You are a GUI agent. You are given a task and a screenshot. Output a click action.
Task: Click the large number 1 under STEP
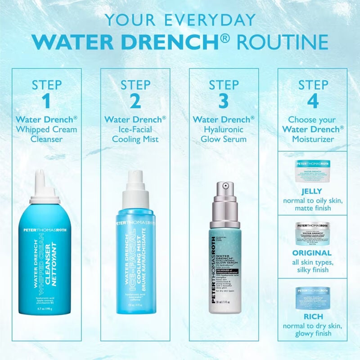click(46, 101)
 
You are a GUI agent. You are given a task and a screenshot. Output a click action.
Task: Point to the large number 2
click(135, 101)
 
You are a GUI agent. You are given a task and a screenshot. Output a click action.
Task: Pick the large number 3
click(224, 101)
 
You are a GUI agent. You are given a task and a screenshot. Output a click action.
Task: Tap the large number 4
click(312, 101)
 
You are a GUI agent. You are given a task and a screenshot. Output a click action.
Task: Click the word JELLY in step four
click(312, 190)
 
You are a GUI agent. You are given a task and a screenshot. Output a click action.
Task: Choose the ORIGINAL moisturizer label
click(312, 253)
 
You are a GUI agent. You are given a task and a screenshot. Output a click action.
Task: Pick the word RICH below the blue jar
click(312, 316)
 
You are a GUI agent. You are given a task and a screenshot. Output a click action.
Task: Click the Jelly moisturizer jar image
click(312, 170)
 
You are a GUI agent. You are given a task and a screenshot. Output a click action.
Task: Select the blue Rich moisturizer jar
click(312, 297)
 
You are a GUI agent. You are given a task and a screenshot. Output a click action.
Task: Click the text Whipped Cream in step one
click(46, 130)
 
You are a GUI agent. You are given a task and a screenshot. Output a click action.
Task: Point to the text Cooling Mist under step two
click(135, 139)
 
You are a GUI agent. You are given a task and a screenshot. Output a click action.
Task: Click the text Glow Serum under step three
click(224, 139)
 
